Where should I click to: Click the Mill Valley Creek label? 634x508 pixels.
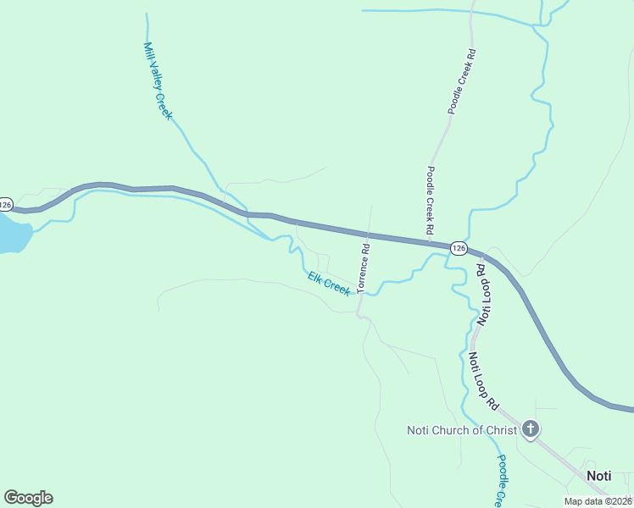(158, 80)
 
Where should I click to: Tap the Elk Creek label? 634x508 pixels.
(329, 284)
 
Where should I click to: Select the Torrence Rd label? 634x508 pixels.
(364, 268)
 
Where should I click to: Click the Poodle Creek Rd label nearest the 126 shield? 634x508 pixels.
(431, 200)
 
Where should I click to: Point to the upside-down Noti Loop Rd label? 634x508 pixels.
(482, 295)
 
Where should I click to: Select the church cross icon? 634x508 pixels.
(531, 429)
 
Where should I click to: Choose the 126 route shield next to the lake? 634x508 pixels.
(6, 204)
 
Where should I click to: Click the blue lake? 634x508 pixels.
(12, 233)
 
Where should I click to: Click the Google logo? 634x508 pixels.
(28, 498)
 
